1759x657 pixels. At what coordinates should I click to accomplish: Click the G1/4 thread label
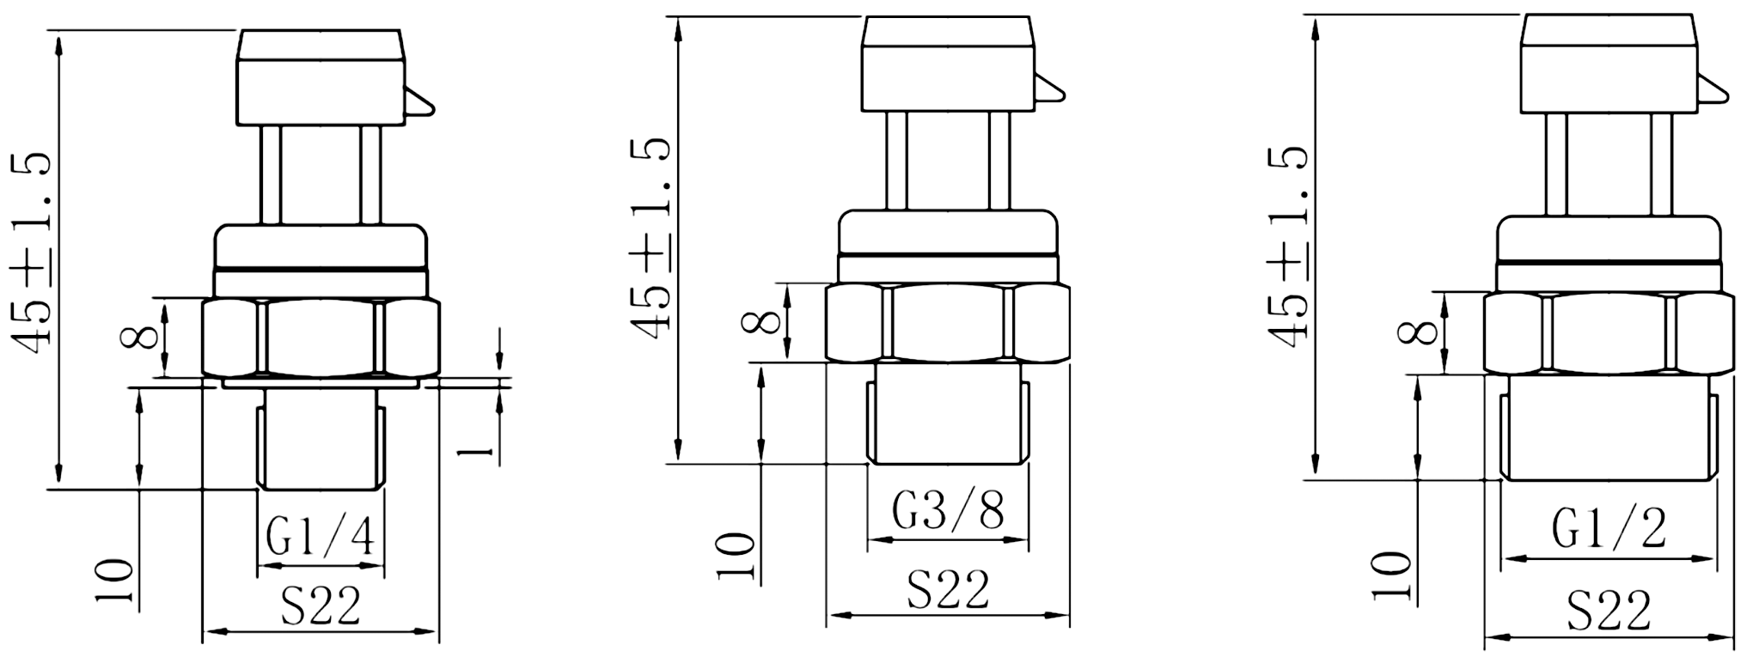321,538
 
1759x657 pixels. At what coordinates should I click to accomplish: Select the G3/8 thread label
947,512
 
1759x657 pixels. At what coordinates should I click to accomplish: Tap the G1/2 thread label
1609,528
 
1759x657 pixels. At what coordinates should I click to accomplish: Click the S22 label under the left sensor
321,607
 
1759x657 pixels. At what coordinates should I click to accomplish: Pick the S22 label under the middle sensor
948,589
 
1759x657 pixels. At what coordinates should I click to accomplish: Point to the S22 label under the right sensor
1609,611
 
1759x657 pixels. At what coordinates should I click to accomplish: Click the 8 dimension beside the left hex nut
140,336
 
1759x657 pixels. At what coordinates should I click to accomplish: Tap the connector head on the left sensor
321,78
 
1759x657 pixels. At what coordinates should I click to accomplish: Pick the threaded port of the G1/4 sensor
321,438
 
